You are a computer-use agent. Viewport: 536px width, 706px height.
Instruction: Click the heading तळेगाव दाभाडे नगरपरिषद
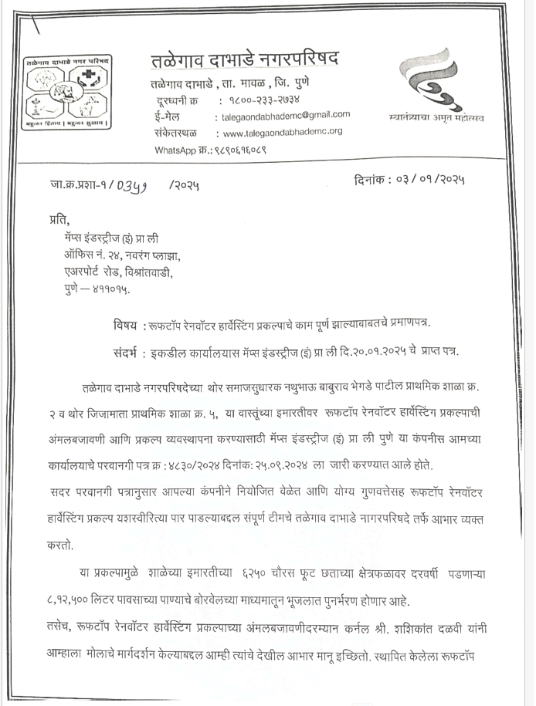pyautogui.click(x=244, y=59)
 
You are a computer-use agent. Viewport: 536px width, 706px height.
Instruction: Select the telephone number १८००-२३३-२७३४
pyautogui.click(x=260, y=100)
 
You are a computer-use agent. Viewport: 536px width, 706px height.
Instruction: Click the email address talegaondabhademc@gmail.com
pyautogui.click(x=283, y=115)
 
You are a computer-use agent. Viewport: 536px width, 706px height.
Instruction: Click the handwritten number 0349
pyautogui.click(x=132, y=185)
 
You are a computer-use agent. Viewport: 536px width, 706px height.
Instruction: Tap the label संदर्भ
pyautogui.click(x=124, y=353)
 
